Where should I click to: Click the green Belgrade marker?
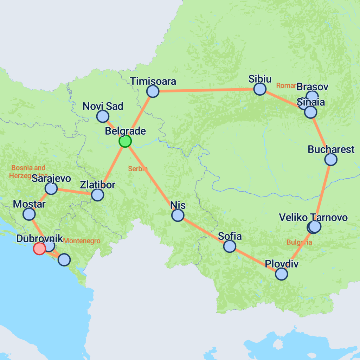(x=125, y=141)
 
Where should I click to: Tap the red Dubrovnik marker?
(x=39, y=249)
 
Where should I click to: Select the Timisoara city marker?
(x=153, y=91)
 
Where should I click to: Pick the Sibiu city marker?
(x=260, y=89)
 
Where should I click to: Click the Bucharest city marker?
(x=331, y=159)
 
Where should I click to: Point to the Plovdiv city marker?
(x=281, y=274)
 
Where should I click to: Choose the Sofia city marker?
(x=230, y=246)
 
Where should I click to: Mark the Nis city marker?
(x=178, y=215)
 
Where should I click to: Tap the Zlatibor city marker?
(x=97, y=194)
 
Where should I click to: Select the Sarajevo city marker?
(x=51, y=188)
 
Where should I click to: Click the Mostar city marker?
(x=29, y=214)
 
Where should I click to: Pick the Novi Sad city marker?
(x=103, y=116)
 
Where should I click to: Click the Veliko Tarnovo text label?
(x=313, y=217)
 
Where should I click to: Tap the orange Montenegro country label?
(x=82, y=241)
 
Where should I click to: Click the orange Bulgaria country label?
(x=299, y=242)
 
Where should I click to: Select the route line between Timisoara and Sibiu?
(x=206, y=90)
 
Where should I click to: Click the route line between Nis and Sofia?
(x=204, y=231)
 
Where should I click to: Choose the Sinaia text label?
(x=310, y=103)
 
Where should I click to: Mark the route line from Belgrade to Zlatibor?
(x=111, y=168)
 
